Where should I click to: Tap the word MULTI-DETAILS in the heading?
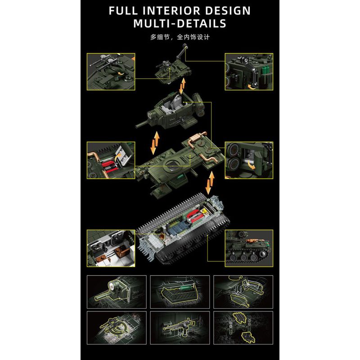[x=180, y=23]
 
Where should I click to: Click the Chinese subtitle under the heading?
[x=180, y=37]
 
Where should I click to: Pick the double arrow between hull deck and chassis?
[x=210, y=183]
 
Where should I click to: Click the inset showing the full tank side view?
[x=249, y=247]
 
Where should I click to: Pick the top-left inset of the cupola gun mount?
[x=111, y=71]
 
